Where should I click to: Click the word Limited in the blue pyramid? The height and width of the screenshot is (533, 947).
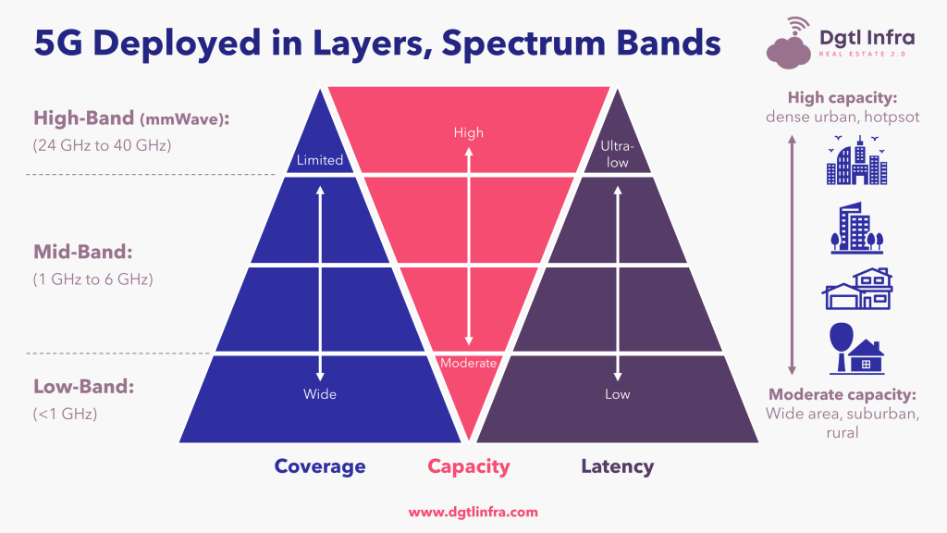tap(319, 160)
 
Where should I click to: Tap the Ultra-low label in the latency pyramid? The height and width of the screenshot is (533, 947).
tap(617, 155)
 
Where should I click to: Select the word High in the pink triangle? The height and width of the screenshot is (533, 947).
tap(469, 132)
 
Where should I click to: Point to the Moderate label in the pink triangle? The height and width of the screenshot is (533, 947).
tap(469, 363)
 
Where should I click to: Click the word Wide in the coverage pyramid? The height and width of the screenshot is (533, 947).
tap(319, 394)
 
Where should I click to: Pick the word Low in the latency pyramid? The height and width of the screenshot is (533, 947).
tap(617, 394)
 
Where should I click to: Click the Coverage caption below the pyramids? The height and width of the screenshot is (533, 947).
tap(319, 466)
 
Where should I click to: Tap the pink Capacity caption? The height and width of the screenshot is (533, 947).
tap(469, 466)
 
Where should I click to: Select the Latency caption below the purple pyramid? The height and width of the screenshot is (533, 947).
tap(617, 466)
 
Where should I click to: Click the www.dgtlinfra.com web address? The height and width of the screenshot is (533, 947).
tap(473, 513)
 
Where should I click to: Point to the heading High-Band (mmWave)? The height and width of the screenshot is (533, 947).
tap(131, 118)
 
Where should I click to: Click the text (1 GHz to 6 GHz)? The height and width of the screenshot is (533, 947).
tap(93, 279)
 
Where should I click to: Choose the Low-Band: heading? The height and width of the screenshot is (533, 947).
tap(83, 386)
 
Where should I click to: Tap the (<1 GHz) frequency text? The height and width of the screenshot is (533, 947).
tap(65, 414)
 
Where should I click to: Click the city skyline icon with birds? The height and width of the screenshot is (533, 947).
tap(857, 160)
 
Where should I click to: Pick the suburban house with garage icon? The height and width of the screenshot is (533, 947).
tap(857, 289)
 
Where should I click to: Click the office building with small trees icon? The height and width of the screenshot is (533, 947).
tap(857, 228)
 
